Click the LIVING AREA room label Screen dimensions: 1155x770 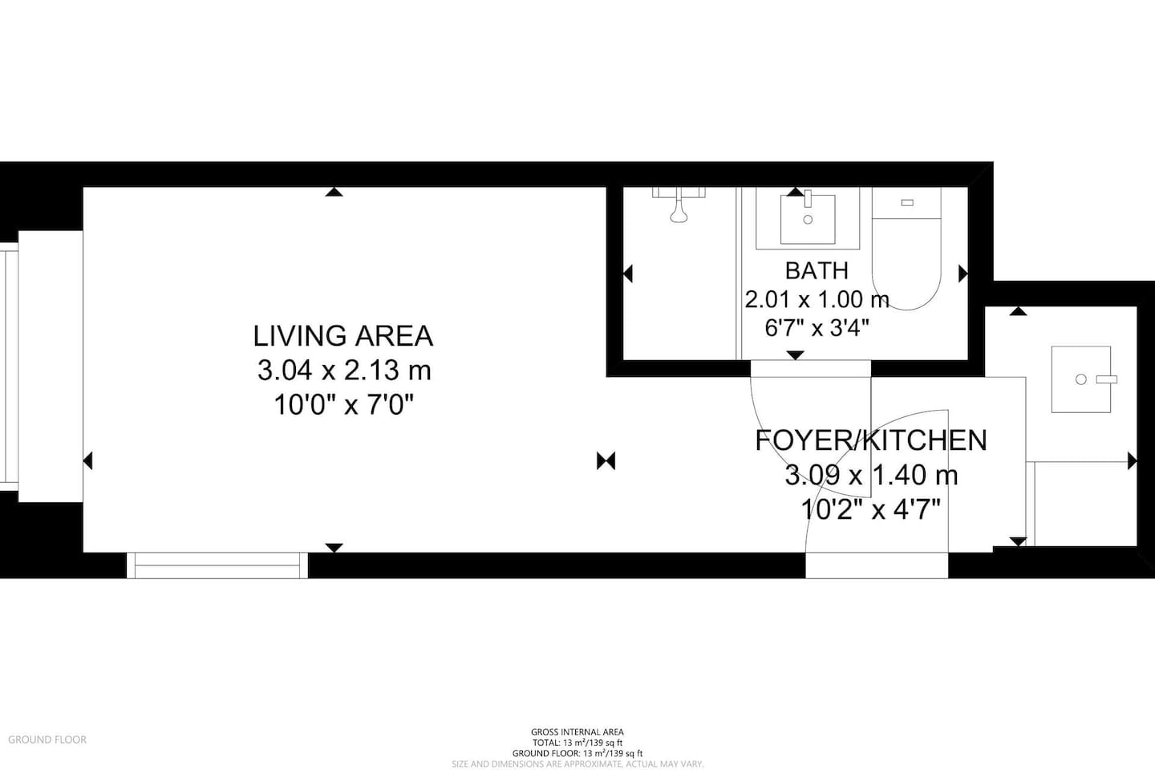pyautogui.click(x=343, y=336)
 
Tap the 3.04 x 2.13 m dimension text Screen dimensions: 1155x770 pyautogui.click(x=344, y=371)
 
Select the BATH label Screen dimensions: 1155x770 pyautogui.click(x=817, y=270)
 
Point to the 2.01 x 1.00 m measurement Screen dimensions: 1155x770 pyautogui.click(x=817, y=299)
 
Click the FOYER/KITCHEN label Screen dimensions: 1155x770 pyautogui.click(x=871, y=440)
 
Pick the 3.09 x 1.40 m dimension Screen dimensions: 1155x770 pyautogui.click(x=871, y=475)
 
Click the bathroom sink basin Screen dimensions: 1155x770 pyautogui.click(x=808, y=219)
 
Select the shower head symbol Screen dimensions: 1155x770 pyautogui.click(x=679, y=206)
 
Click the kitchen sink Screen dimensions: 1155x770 pyautogui.click(x=1080, y=379)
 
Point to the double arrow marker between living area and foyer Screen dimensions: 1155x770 pyautogui.click(x=606, y=460)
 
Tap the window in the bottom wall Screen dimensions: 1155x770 pyautogui.click(x=217, y=565)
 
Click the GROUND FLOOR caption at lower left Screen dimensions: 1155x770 pyautogui.click(x=47, y=740)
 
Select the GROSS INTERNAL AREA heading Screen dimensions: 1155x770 pyautogui.click(x=577, y=731)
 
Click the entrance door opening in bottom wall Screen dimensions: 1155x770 pyautogui.click(x=877, y=565)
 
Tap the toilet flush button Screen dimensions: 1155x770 pyautogui.click(x=907, y=203)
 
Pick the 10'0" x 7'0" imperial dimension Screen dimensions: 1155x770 pyautogui.click(x=344, y=405)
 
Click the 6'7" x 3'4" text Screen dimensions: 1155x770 pyautogui.click(x=817, y=328)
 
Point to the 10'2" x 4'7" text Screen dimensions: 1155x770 pyautogui.click(x=871, y=510)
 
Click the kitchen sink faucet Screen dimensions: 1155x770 pyautogui.click(x=1107, y=379)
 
